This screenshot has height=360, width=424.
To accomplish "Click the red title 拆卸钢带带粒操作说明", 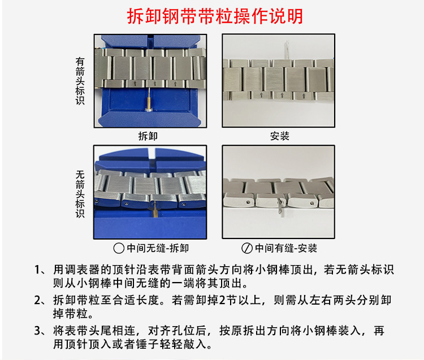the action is coord(215,16).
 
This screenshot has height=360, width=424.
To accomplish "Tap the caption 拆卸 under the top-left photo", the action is coord(148,136).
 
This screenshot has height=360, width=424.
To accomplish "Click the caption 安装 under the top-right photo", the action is coord(280,136).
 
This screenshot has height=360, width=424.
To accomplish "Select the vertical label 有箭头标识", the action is coord(80,81).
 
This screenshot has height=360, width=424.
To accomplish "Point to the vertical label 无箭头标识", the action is coord(80,194).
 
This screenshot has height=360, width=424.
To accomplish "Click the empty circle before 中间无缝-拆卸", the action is coord(119,248).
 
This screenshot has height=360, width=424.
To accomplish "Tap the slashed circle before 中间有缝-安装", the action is coord(247,248).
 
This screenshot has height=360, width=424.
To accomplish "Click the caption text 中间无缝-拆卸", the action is coord(158,248).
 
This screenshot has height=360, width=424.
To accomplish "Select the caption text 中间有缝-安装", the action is coord(286,248).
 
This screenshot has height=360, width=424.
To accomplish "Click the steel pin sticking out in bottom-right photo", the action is coord(281,207).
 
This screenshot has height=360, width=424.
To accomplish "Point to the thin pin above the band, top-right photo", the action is coord(287,50).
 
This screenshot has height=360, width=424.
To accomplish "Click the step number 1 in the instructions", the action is coord(37,270).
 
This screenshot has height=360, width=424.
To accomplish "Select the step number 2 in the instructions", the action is coord(37,300).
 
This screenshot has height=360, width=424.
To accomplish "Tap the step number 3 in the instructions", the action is coord(37,331).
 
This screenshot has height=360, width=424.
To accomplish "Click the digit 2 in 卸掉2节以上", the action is coord(222,300).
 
